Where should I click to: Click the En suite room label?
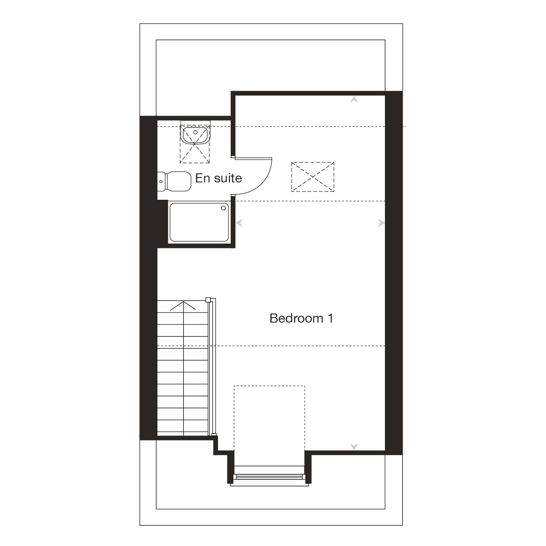pyautogui.click(x=218, y=178)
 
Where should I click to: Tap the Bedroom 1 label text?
pyautogui.click(x=301, y=318)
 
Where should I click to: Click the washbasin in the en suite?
pyautogui.click(x=195, y=135)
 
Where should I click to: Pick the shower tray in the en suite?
pyautogui.click(x=199, y=222)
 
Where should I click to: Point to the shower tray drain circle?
pyautogui.click(x=223, y=208)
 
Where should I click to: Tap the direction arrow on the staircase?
pyautogui.click(x=183, y=306)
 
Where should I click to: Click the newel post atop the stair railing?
pyautogui.click(x=208, y=300)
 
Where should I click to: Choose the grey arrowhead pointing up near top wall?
pyautogui.click(x=354, y=100)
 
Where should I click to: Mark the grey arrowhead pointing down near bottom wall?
pyautogui.click(x=354, y=446)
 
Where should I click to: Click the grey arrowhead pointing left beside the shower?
pyautogui.click(x=239, y=223)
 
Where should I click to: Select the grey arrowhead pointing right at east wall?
pyautogui.click(x=381, y=223)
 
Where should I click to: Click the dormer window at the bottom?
pyautogui.click(x=269, y=477)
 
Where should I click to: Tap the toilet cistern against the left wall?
pyautogui.click(x=162, y=182)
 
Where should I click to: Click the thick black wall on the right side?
pyautogui.click(x=394, y=273)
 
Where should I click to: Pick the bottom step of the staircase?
pyautogui.click(x=183, y=430)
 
